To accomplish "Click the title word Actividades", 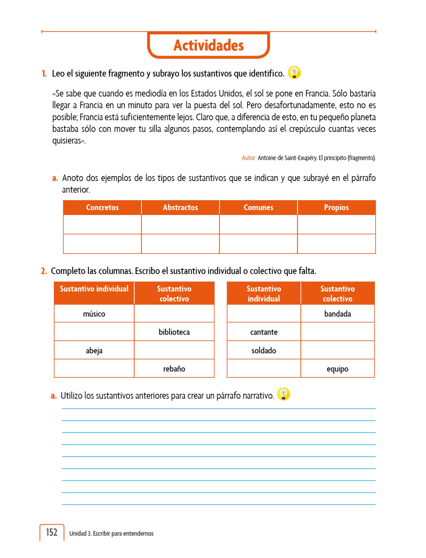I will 208,45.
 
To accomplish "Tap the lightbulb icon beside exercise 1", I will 294,73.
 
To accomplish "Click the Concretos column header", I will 102,208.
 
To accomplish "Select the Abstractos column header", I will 180,208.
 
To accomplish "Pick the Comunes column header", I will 258,208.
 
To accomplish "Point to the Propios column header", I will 336,208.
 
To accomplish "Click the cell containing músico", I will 94,314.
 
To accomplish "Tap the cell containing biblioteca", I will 174,332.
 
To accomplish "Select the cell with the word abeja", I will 94,350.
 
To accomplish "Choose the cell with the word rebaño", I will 174,369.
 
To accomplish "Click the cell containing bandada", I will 337,314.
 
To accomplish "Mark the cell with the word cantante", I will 264,332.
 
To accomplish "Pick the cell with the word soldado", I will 264,350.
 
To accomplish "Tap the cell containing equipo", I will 337,369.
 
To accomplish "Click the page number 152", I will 52,532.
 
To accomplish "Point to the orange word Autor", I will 249,158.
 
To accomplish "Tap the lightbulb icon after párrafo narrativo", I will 284,394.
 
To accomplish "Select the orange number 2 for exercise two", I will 44,271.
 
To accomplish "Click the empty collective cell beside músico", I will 174,314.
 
